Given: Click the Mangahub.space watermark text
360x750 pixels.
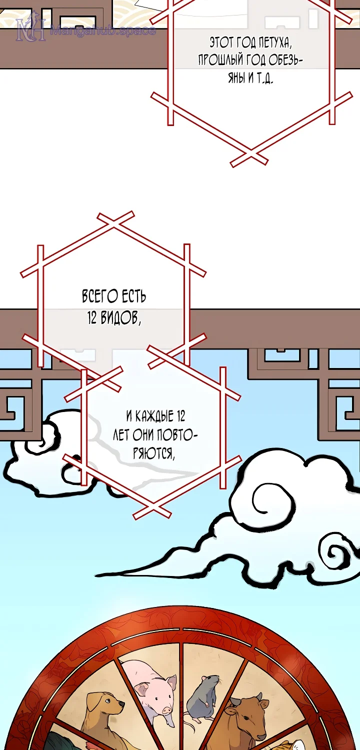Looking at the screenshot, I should [102, 30].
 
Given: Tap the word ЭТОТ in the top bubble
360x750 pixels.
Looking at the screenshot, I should [221, 42].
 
